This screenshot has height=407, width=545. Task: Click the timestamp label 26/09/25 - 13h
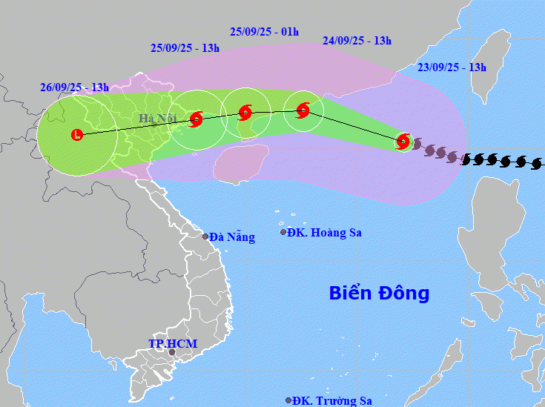(74, 87)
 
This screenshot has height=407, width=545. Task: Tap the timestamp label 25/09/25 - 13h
(185, 47)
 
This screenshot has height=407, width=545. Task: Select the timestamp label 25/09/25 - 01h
(264, 31)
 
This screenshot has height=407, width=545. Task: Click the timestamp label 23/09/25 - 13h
(452, 67)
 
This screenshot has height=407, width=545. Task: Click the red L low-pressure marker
(77, 135)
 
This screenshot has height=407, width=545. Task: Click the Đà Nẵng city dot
(205, 236)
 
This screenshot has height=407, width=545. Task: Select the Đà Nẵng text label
(232, 237)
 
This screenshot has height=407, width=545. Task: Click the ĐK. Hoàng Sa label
(325, 233)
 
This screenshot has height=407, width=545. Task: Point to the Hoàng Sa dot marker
(283, 232)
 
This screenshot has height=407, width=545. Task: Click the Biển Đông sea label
(379, 293)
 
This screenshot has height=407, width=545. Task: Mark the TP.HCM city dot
(172, 352)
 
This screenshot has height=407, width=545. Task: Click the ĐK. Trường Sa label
(332, 400)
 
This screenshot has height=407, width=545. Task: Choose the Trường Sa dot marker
(288, 400)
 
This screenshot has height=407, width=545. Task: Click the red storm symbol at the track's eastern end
(403, 140)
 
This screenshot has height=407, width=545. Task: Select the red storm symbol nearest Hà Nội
(196, 119)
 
